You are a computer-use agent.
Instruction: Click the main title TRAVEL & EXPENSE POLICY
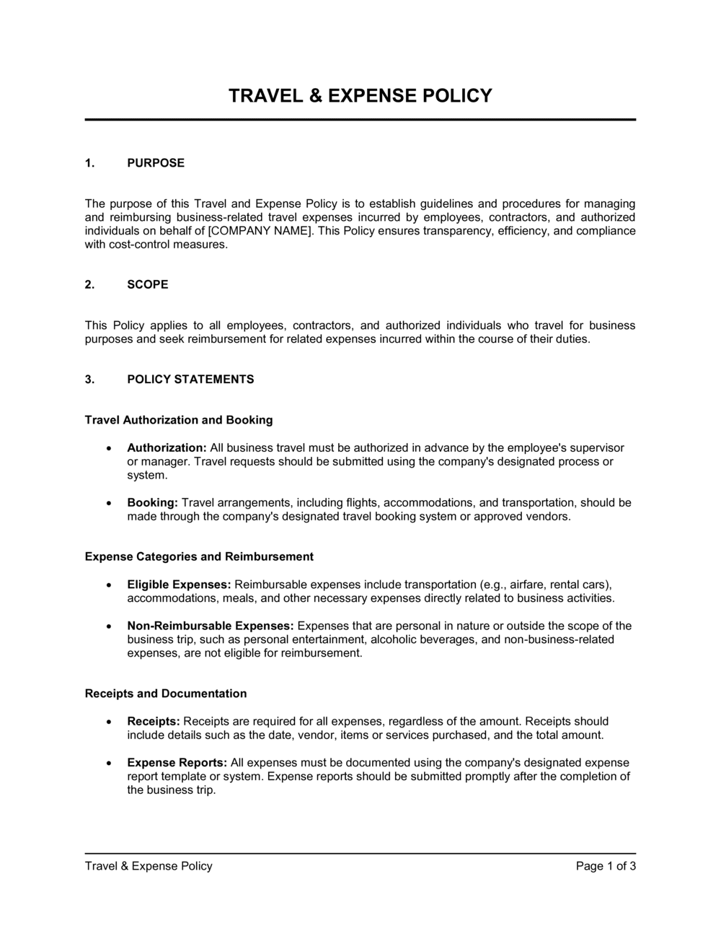click(360, 95)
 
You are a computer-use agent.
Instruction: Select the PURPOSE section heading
click(156, 163)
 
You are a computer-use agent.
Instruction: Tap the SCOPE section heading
click(148, 284)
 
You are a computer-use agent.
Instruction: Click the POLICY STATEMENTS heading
click(190, 380)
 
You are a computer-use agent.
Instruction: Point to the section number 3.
click(89, 380)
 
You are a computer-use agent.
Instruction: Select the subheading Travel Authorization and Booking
click(179, 420)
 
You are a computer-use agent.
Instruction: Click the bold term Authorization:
click(167, 448)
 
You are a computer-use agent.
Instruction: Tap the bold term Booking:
click(152, 503)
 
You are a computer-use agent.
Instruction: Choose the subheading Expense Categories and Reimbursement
click(199, 556)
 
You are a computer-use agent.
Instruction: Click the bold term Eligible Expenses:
click(179, 585)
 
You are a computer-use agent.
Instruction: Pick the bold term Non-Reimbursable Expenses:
click(210, 626)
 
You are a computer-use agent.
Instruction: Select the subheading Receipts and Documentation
click(166, 694)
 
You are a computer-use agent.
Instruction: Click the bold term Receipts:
click(154, 722)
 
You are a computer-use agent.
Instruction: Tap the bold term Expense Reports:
click(177, 763)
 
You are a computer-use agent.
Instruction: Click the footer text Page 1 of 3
click(606, 866)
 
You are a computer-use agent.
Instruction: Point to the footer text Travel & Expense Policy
click(149, 866)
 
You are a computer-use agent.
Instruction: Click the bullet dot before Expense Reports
click(108, 763)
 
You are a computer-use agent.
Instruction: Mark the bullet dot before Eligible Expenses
click(108, 585)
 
